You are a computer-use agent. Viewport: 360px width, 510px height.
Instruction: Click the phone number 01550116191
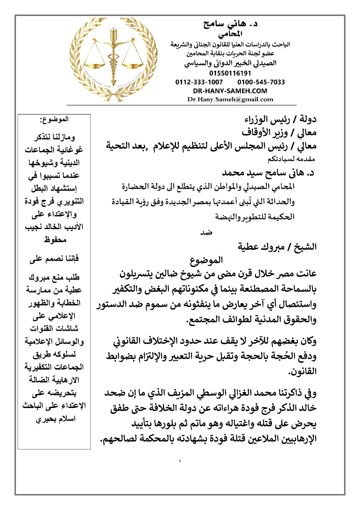point(230,73)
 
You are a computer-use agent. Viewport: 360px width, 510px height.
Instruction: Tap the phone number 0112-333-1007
point(199,82)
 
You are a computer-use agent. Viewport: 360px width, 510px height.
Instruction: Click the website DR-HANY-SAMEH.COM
point(230,91)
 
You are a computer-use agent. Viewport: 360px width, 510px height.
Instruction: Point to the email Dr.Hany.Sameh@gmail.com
point(230,100)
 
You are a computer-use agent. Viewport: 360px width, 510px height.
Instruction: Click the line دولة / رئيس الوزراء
point(280,120)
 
